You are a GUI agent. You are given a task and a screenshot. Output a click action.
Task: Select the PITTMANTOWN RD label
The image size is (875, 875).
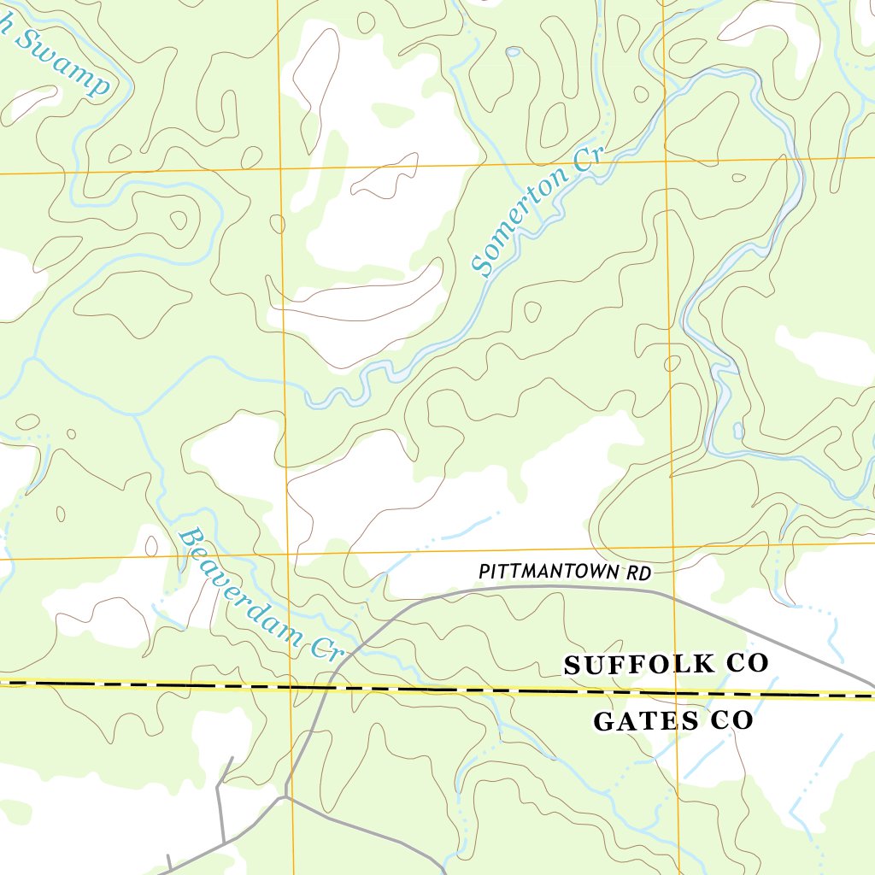pyautogui.click(x=565, y=573)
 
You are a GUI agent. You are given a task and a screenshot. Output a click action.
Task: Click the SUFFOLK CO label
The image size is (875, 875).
pyautogui.click(x=667, y=664)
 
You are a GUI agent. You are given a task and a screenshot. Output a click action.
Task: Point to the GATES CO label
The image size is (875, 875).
pyautogui.click(x=673, y=721)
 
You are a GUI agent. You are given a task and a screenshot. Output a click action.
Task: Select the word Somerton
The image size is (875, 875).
pyautogui.click(x=521, y=231)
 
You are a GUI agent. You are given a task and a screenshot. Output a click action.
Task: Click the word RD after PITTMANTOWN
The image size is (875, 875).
pyautogui.click(x=639, y=573)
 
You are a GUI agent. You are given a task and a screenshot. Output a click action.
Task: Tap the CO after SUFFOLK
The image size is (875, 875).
pyautogui.click(x=749, y=663)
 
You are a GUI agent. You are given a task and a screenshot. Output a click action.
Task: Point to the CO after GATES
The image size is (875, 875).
pyautogui.click(x=731, y=721)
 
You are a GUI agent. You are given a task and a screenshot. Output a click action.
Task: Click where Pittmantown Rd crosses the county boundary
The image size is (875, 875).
pyautogui.click(x=329, y=687)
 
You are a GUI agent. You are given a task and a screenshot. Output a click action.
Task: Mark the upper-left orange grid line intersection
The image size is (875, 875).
pyautogui.click(x=281, y=169)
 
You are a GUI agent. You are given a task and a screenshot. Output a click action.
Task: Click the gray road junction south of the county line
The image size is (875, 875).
pyautogui.click(x=286, y=797)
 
